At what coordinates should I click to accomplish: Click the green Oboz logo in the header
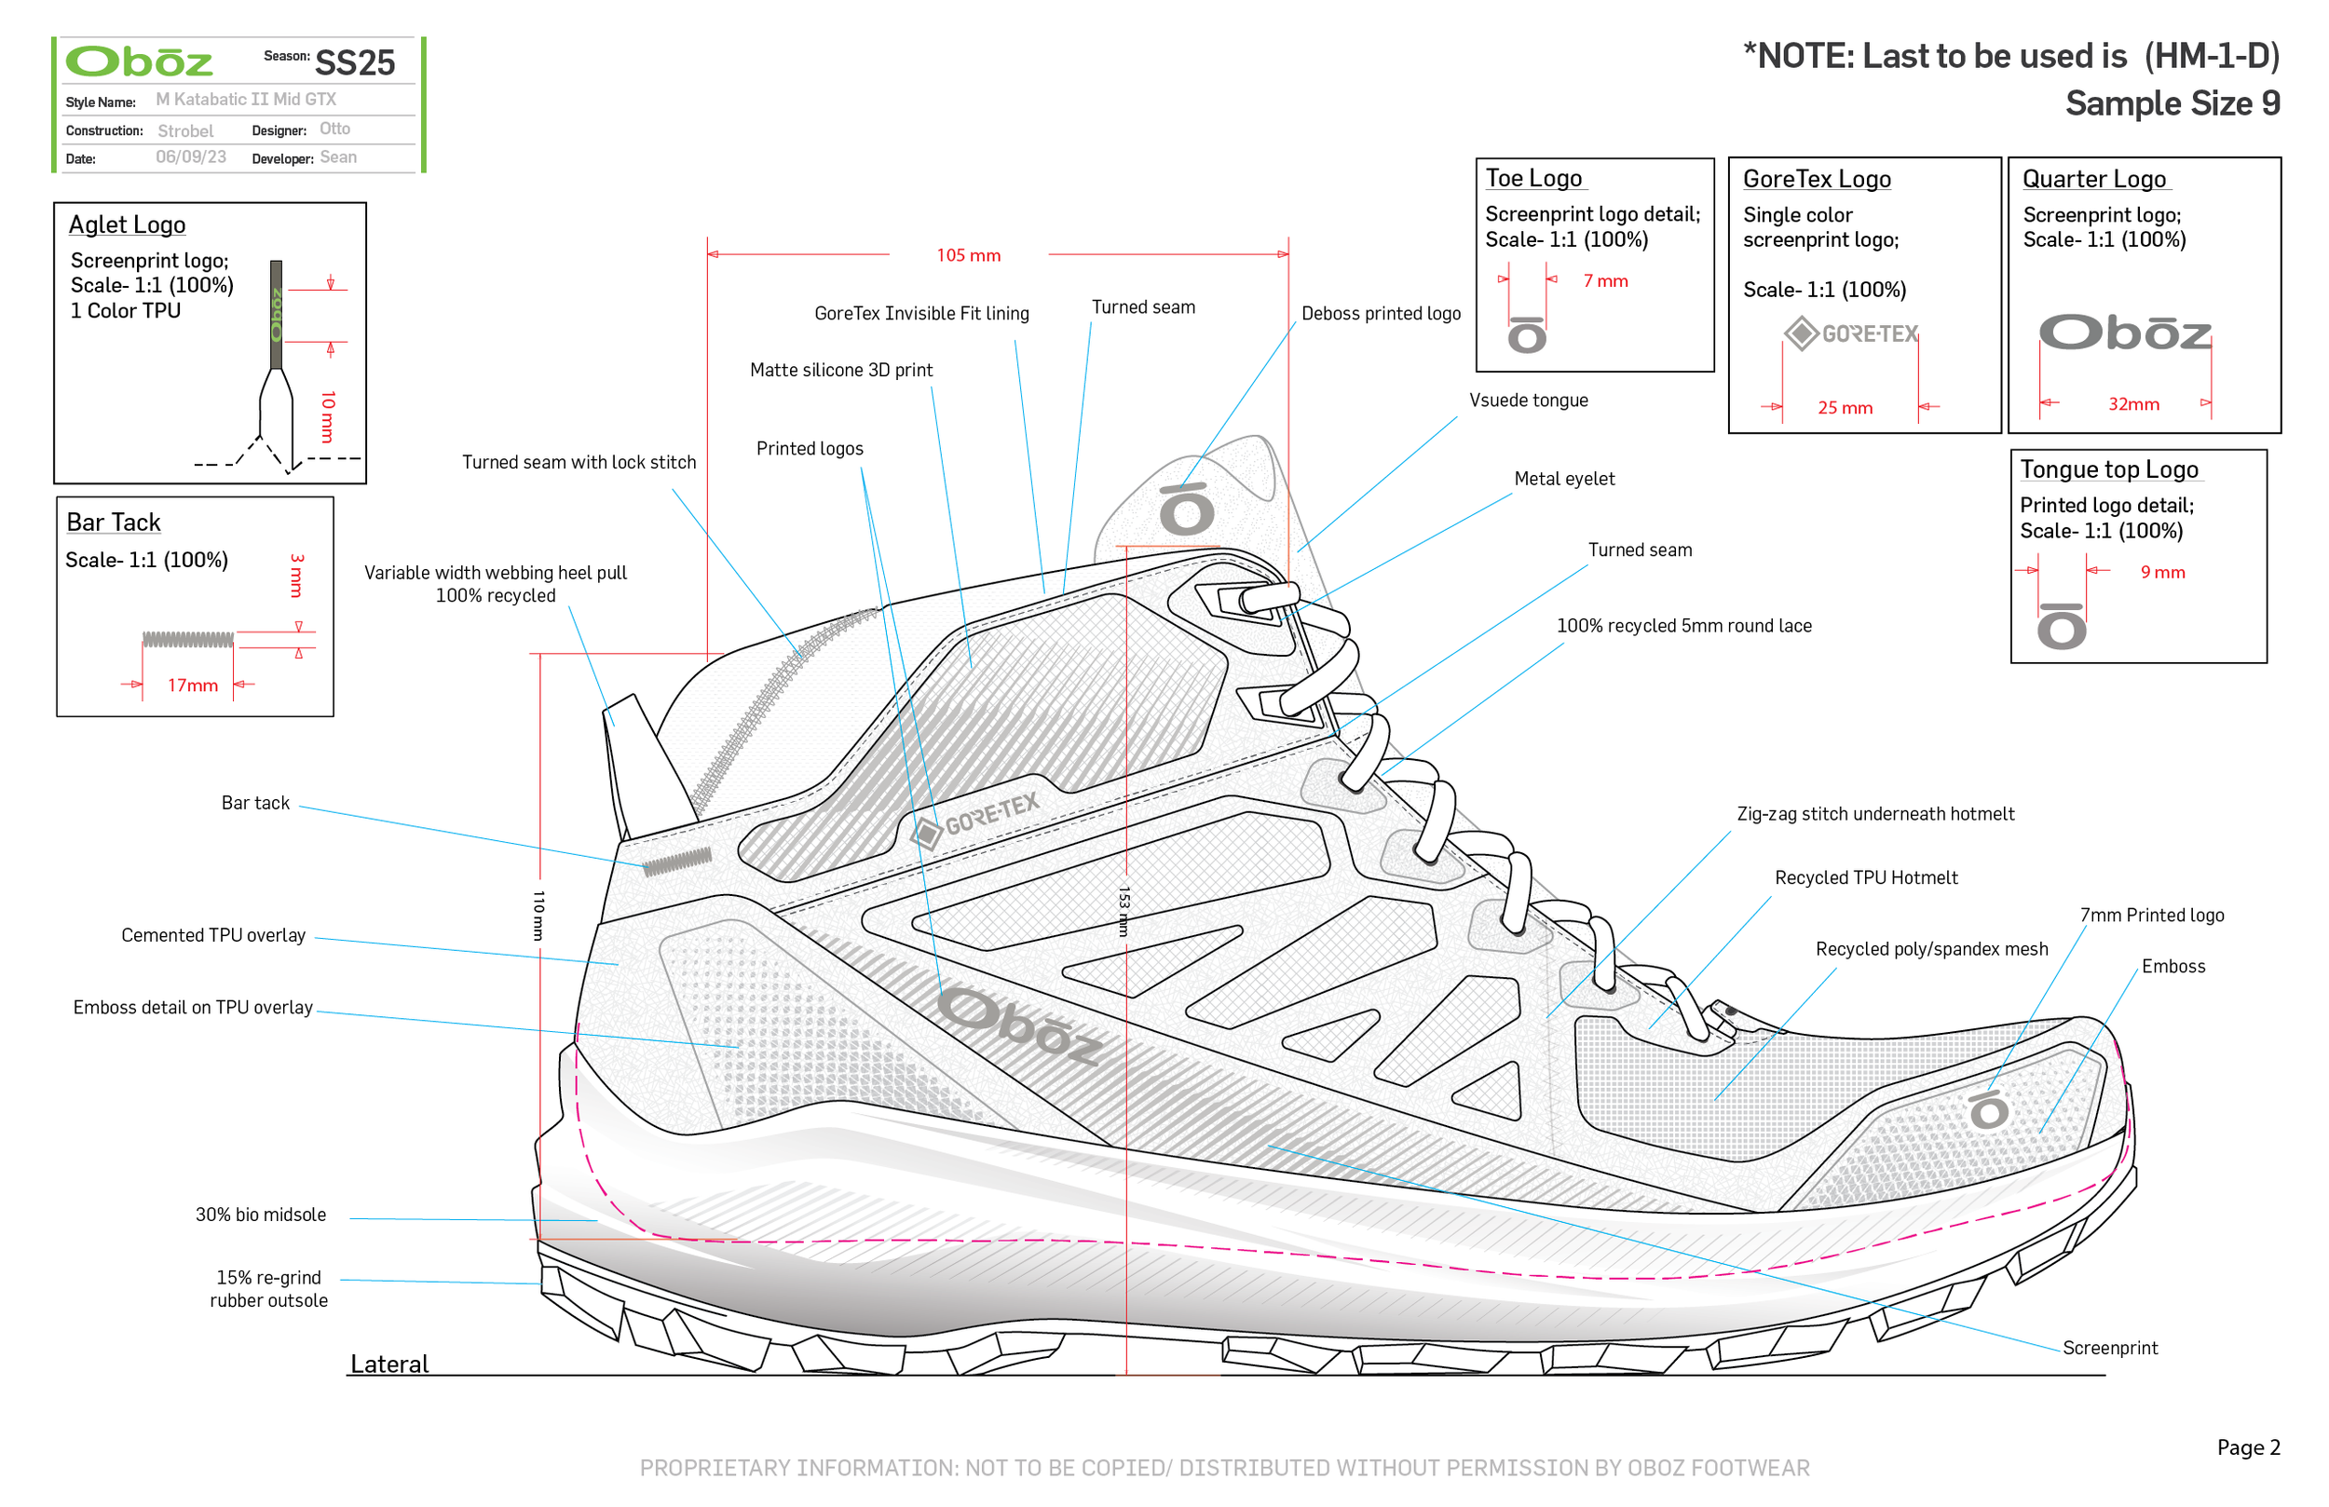point(138,61)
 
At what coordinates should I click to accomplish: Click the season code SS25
point(354,62)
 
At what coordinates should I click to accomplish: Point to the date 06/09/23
point(191,157)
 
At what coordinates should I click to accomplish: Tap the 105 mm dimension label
point(968,255)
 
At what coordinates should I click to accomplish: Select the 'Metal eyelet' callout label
point(1564,479)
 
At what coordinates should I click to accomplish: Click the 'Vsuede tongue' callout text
point(1528,401)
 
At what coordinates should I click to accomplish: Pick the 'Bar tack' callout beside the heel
point(254,803)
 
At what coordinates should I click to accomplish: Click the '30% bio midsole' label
point(260,1215)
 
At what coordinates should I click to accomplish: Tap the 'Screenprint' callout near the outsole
point(2109,1348)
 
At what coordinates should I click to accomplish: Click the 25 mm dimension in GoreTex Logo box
point(1845,408)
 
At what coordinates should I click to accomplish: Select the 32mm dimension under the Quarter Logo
point(2132,404)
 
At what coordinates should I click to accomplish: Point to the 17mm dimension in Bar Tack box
point(192,685)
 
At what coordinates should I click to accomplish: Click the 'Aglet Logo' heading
point(127,224)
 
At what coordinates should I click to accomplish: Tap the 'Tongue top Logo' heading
point(2109,468)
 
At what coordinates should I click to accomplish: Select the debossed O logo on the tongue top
point(1186,509)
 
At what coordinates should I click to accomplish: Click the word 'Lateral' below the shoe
point(388,1364)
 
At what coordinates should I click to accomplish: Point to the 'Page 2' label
point(2248,1446)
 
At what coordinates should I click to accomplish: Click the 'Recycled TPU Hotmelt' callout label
point(1865,877)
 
